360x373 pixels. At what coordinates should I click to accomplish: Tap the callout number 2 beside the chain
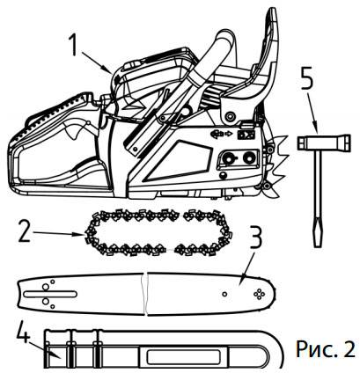(24, 231)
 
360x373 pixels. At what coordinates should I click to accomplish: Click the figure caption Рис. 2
(326, 348)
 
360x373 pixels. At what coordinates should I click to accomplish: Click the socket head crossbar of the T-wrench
(324, 143)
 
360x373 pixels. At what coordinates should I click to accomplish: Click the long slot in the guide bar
(50, 294)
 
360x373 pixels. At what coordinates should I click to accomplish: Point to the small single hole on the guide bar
(224, 294)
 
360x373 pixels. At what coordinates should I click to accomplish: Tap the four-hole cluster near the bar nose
(259, 294)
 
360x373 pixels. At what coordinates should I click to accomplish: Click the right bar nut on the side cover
(249, 157)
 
